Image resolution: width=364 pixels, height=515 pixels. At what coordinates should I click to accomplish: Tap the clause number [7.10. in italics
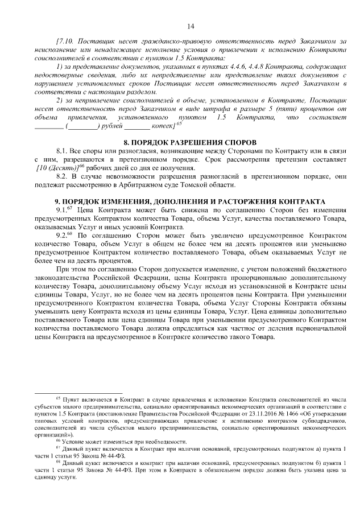coord(65,42)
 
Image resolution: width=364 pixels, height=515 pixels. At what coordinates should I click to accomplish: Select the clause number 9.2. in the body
coord(63,234)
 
